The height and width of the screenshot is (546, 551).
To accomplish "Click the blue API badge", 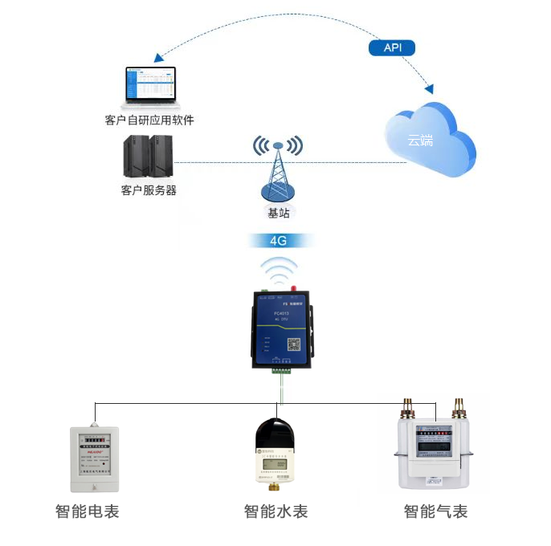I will pyautogui.click(x=392, y=47).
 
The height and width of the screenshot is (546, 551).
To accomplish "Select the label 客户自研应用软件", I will pyautogui.click(x=149, y=120).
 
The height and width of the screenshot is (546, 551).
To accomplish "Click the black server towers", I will pyautogui.click(x=149, y=157).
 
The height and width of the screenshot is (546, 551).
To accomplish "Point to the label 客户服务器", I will pyautogui.click(x=149, y=190).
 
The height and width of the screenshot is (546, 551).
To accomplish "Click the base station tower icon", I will pyautogui.click(x=277, y=169).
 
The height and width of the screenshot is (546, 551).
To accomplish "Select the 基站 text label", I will pyautogui.click(x=278, y=213).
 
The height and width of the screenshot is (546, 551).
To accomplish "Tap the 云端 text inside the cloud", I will pyautogui.click(x=418, y=141).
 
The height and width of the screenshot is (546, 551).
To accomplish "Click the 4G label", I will pyautogui.click(x=278, y=240).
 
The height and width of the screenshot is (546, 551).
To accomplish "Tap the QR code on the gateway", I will pyautogui.click(x=294, y=343).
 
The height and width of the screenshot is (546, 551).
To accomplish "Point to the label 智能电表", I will pyautogui.click(x=88, y=511).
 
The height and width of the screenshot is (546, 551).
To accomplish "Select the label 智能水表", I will pyautogui.click(x=275, y=511).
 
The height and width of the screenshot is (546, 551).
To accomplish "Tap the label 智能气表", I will pyautogui.click(x=435, y=511).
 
